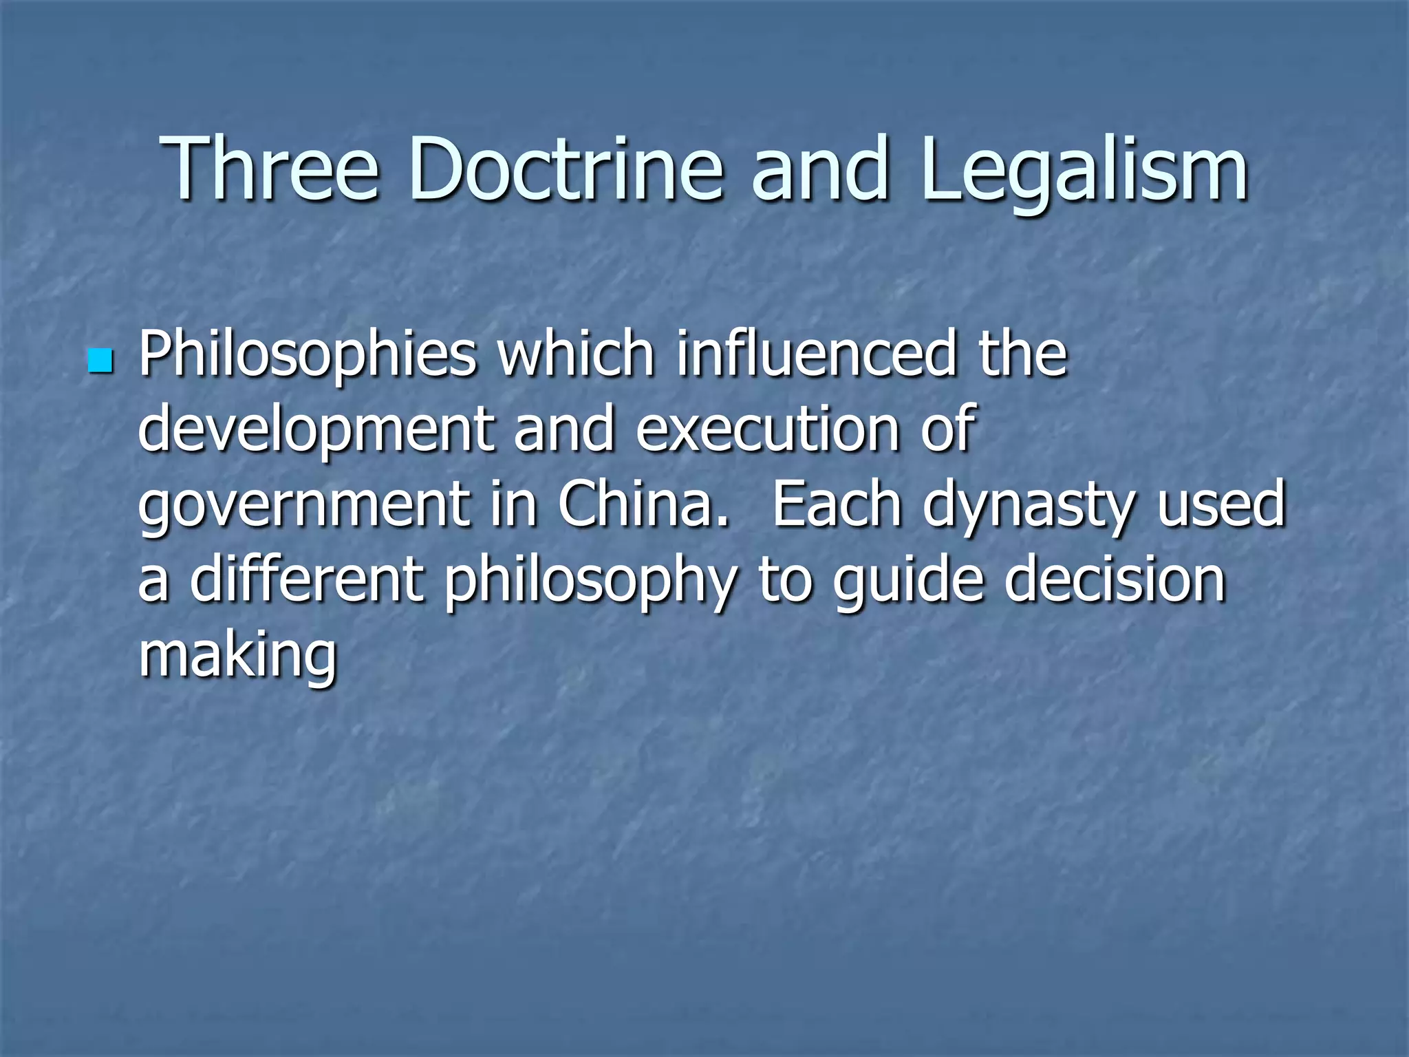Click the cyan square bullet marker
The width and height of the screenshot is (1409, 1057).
coord(100,360)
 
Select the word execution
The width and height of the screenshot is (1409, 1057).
coord(768,429)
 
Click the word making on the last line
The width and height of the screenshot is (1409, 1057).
coord(238,656)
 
